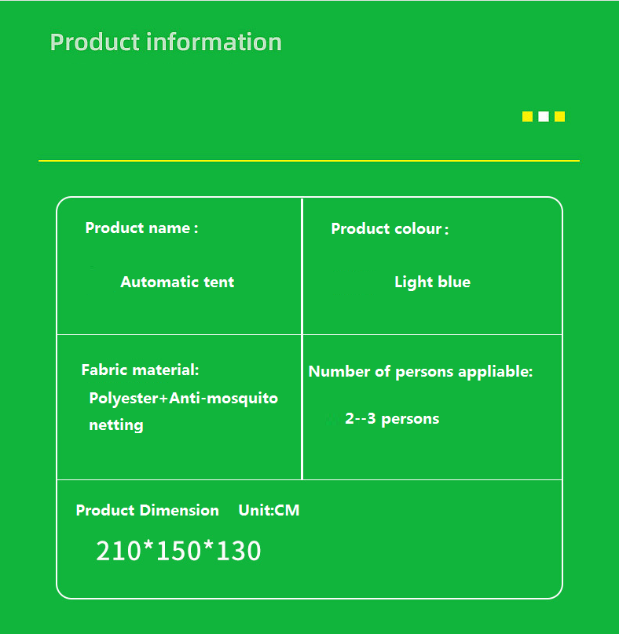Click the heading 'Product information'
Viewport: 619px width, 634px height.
point(166,42)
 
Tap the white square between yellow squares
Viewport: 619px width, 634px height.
point(544,116)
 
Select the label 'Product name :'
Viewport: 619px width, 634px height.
point(141,228)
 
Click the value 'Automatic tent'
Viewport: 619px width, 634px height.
point(178,282)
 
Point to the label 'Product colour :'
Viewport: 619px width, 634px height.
point(390,229)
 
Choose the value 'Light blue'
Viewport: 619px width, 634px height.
point(432,282)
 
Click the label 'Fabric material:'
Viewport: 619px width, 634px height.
point(140,370)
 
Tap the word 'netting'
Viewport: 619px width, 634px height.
point(116,425)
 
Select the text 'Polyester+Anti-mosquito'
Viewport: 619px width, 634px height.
point(183,399)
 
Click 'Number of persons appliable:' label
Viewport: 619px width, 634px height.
point(420,372)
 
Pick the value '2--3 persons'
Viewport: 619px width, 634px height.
point(392,419)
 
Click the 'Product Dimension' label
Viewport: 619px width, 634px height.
point(148,510)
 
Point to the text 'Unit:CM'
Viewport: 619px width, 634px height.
point(269,510)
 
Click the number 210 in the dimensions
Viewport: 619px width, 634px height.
point(119,551)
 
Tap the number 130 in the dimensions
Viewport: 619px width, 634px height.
point(239,551)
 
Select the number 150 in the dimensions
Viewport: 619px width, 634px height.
point(178,551)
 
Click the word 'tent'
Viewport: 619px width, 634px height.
point(218,282)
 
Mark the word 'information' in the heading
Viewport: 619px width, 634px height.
point(214,42)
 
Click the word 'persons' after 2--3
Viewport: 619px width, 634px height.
point(410,420)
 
